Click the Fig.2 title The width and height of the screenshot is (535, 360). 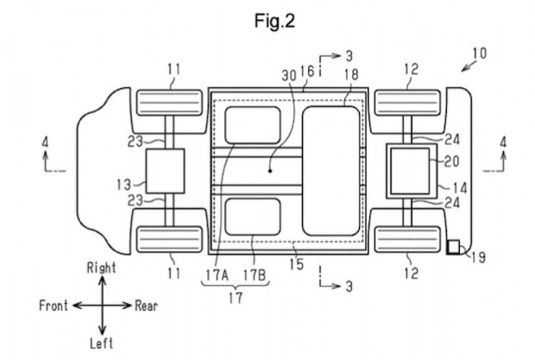(274, 22)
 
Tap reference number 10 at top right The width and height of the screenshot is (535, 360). (480, 53)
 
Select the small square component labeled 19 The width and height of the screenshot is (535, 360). (453, 247)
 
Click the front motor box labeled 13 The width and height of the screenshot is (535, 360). (166, 171)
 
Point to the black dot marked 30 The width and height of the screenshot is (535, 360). (270, 171)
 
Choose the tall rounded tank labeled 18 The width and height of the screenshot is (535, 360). (331, 171)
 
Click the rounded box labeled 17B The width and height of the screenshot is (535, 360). (253, 217)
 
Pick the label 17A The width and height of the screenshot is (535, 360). (217, 275)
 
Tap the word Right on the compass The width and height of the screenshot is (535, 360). (101, 268)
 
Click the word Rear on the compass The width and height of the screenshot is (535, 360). (147, 306)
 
